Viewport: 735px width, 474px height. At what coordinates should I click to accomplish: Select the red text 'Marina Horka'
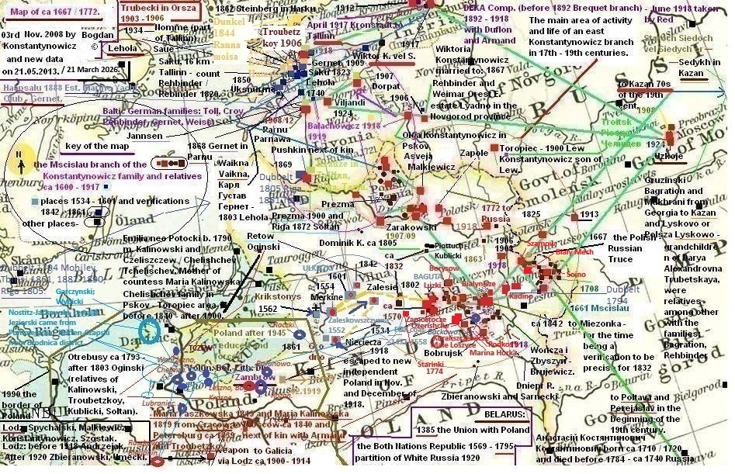[x=493, y=352]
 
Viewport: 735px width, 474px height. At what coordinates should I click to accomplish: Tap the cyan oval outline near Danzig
[x=150, y=331]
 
